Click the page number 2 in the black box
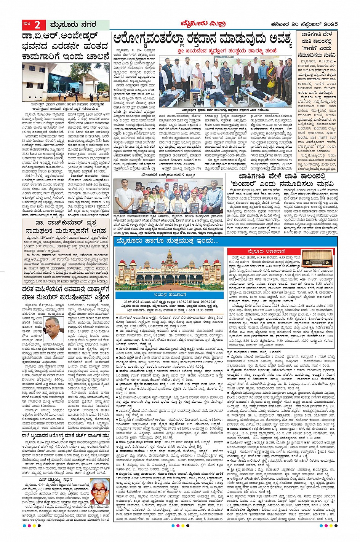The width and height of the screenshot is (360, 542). point(37,25)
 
